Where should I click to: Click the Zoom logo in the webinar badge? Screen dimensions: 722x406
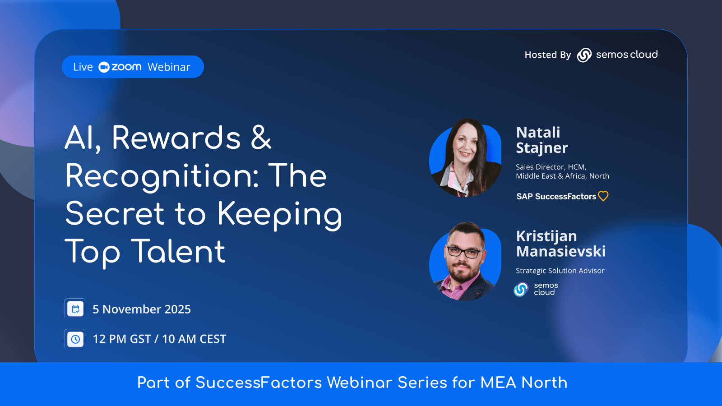coord(120,67)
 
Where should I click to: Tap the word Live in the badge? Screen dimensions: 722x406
coord(83,67)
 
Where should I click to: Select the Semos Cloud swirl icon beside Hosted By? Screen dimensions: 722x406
coord(584,55)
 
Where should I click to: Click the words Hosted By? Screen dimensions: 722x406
coord(548,55)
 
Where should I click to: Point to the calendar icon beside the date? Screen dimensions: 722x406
coord(75,309)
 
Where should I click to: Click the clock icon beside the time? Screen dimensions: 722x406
coord(75,339)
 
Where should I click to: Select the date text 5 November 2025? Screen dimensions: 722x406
coord(142,309)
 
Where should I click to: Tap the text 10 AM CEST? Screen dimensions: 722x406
coord(194,339)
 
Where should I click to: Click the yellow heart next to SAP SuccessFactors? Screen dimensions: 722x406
coord(603,196)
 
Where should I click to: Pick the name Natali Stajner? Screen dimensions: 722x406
coord(542,140)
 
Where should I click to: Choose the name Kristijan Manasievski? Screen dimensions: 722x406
coord(561,244)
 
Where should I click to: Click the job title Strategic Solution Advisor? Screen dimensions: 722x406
coord(560,271)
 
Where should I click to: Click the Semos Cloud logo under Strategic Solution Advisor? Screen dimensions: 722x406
coord(536,289)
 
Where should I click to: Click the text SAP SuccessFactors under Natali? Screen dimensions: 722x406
coord(556,196)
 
